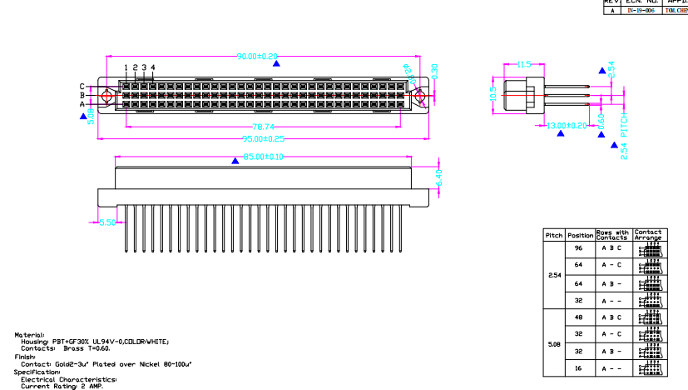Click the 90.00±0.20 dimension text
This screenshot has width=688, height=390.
tap(257, 57)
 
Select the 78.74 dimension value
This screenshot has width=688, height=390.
tap(264, 127)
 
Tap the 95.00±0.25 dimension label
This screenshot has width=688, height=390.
tap(263, 138)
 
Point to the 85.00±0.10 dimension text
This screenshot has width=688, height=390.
tap(263, 157)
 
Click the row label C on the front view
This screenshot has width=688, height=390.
tap(82, 86)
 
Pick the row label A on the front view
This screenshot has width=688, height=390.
tap(82, 103)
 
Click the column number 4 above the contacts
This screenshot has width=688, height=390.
tap(153, 67)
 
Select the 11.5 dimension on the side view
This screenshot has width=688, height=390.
tap(523, 64)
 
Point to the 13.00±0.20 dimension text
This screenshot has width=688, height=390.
tap(567, 125)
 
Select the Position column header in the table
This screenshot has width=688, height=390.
tap(580, 236)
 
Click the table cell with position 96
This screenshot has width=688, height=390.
tap(580, 248)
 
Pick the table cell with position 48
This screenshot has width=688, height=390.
tap(580, 317)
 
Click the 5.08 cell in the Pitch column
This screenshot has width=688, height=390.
tap(554, 343)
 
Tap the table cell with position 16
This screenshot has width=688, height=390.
tap(580, 367)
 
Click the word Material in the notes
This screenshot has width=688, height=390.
tap(29, 334)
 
